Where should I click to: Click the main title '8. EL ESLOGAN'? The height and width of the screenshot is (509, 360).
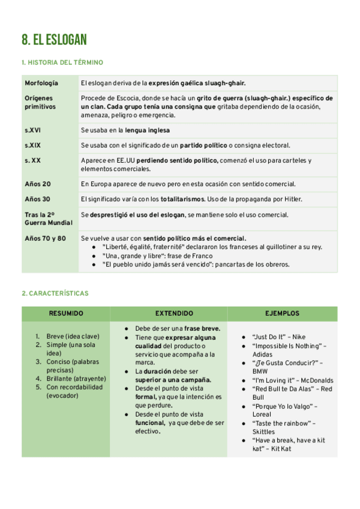(54, 40)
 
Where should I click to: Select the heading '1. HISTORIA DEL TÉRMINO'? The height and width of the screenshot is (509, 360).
(62, 62)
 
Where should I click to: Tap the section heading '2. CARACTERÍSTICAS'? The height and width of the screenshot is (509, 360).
(55, 294)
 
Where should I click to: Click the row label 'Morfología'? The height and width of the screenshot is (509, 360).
(41, 82)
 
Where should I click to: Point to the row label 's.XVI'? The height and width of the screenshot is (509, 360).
(33, 130)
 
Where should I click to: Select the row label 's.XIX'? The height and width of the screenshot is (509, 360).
(33, 145)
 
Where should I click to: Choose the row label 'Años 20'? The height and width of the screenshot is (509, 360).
(37, 184)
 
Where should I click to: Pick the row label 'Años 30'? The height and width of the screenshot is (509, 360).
(37, 199)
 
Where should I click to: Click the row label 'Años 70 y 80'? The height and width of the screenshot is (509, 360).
(45, 238)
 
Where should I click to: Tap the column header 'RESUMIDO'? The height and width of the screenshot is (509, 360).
(66, 314)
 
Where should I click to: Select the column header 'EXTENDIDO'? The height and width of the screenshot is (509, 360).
(174, 314)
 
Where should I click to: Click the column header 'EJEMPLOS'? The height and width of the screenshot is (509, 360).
(282, 314)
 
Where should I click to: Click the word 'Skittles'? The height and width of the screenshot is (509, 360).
(264, 432)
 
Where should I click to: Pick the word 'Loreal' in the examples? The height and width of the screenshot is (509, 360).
(262, 414)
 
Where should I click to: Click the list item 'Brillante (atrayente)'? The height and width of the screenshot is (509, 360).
(76, 379)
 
